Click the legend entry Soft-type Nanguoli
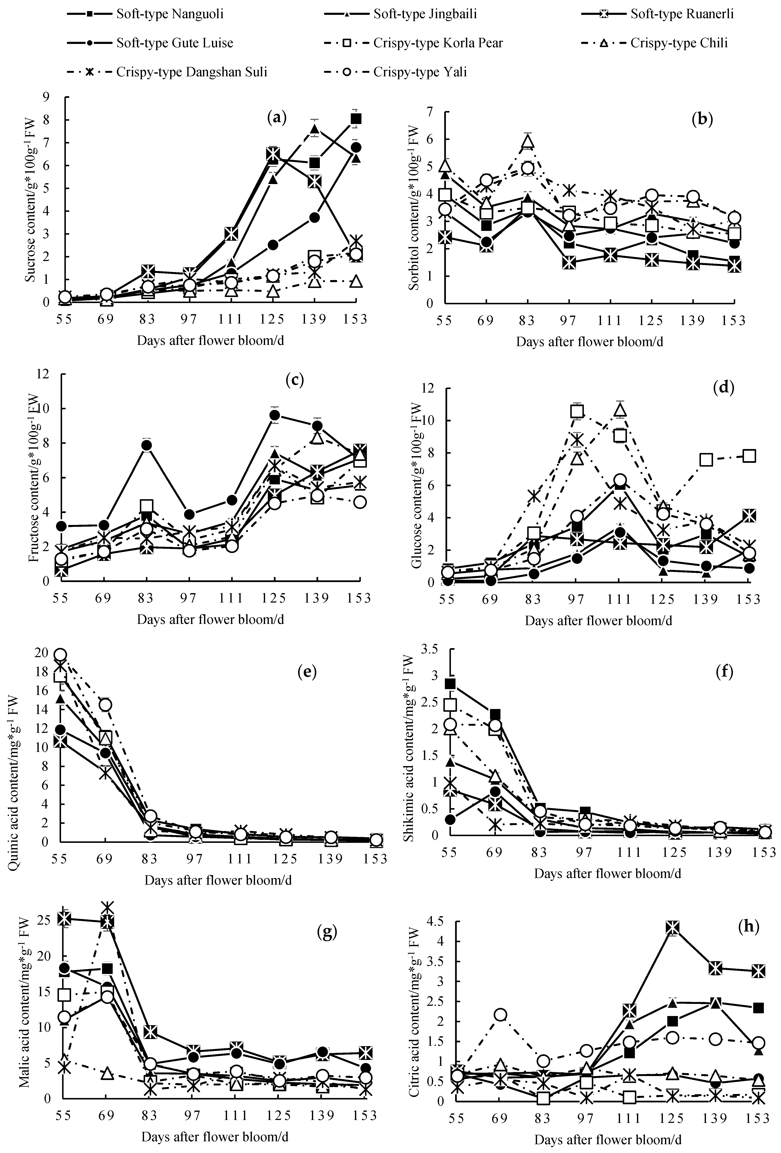point(170,13)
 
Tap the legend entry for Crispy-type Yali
point(420,72)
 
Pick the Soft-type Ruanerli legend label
point(682,13)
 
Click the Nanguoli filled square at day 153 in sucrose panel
point(356,119)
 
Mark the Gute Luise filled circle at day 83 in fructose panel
point(147,445)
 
